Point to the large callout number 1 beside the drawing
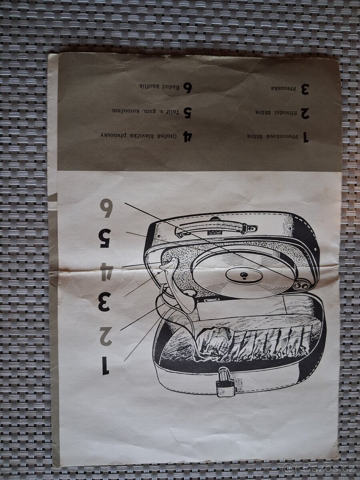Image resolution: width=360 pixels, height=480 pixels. pos(105,366)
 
